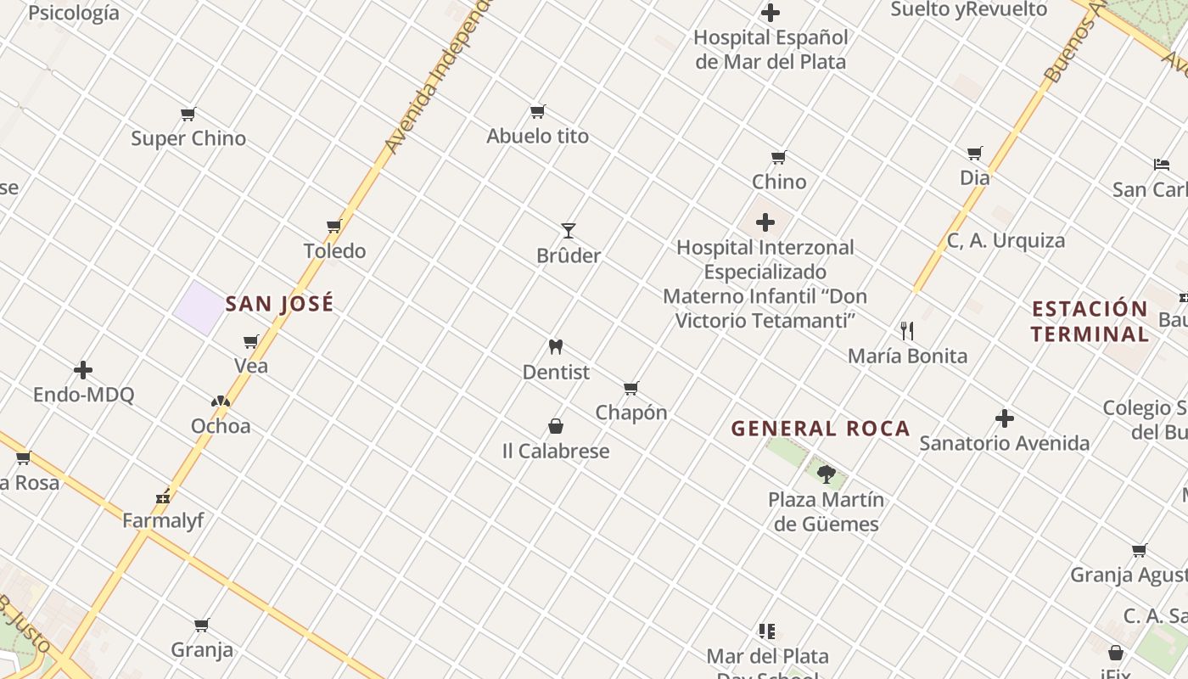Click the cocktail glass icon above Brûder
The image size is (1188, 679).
pos(569,231)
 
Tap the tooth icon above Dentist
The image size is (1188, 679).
pos(556,347)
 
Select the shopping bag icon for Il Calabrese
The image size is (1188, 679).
pos(556,426)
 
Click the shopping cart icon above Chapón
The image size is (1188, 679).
pos(630,389)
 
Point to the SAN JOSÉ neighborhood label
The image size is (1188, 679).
pos(279,304)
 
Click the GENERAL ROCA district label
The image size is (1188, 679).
pos(821,429)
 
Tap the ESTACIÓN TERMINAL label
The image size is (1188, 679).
pos(1090,321)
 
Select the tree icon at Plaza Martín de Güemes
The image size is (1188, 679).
pos(826,474)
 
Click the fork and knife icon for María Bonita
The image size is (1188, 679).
pos(907,330)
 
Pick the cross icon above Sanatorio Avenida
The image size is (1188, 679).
pos(1005,418)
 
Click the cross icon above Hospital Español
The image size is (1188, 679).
pos(771,13)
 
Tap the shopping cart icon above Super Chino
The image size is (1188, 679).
pos(188,114)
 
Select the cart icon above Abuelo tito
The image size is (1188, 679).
pos(537,111)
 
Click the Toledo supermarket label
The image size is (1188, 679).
pos(335,251)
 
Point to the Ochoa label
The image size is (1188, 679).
pos(221,426)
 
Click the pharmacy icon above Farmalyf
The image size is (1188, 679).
pos(163,497)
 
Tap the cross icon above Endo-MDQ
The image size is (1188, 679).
pos(83,370)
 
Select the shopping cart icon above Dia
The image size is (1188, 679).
pos(975,154)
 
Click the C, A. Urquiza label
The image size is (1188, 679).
pos(1006,241)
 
